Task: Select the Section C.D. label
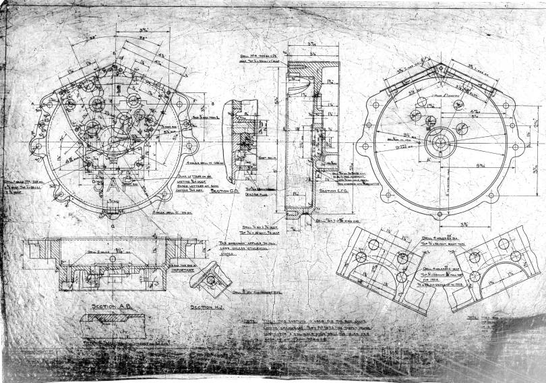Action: (226, 191)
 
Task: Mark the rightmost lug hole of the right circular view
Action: (522, 144)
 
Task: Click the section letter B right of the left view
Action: (213, 103)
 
